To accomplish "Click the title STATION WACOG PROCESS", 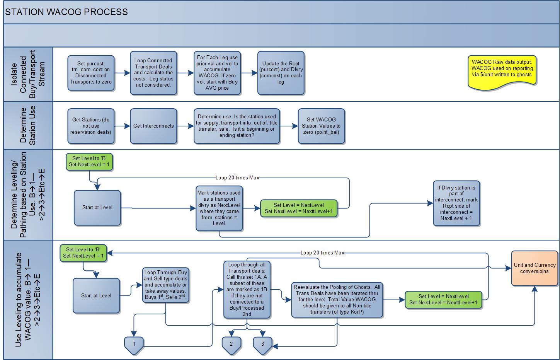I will click(x=66, y=12).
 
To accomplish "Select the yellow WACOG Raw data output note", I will click(x=502, y=70).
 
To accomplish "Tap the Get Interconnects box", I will click(x=153, y=126).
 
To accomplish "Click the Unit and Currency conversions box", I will click(x=534, y=268).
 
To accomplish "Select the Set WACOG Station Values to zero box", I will click(x=321, y=126).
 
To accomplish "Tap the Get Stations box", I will click(x=91, y=126).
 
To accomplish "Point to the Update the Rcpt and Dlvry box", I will click(x=281, y=73).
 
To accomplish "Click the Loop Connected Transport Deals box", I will click(x=153, y=73).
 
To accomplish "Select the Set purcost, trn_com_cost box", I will click(x=91, y=73).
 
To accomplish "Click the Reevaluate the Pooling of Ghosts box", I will click(x=337, y=300).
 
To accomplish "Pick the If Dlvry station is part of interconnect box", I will click(x=456, y=203).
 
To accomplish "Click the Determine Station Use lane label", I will click(x=28, y=125).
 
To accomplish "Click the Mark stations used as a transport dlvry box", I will click(x=219, y=208).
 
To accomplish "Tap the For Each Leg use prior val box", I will click(x=218, y=73).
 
